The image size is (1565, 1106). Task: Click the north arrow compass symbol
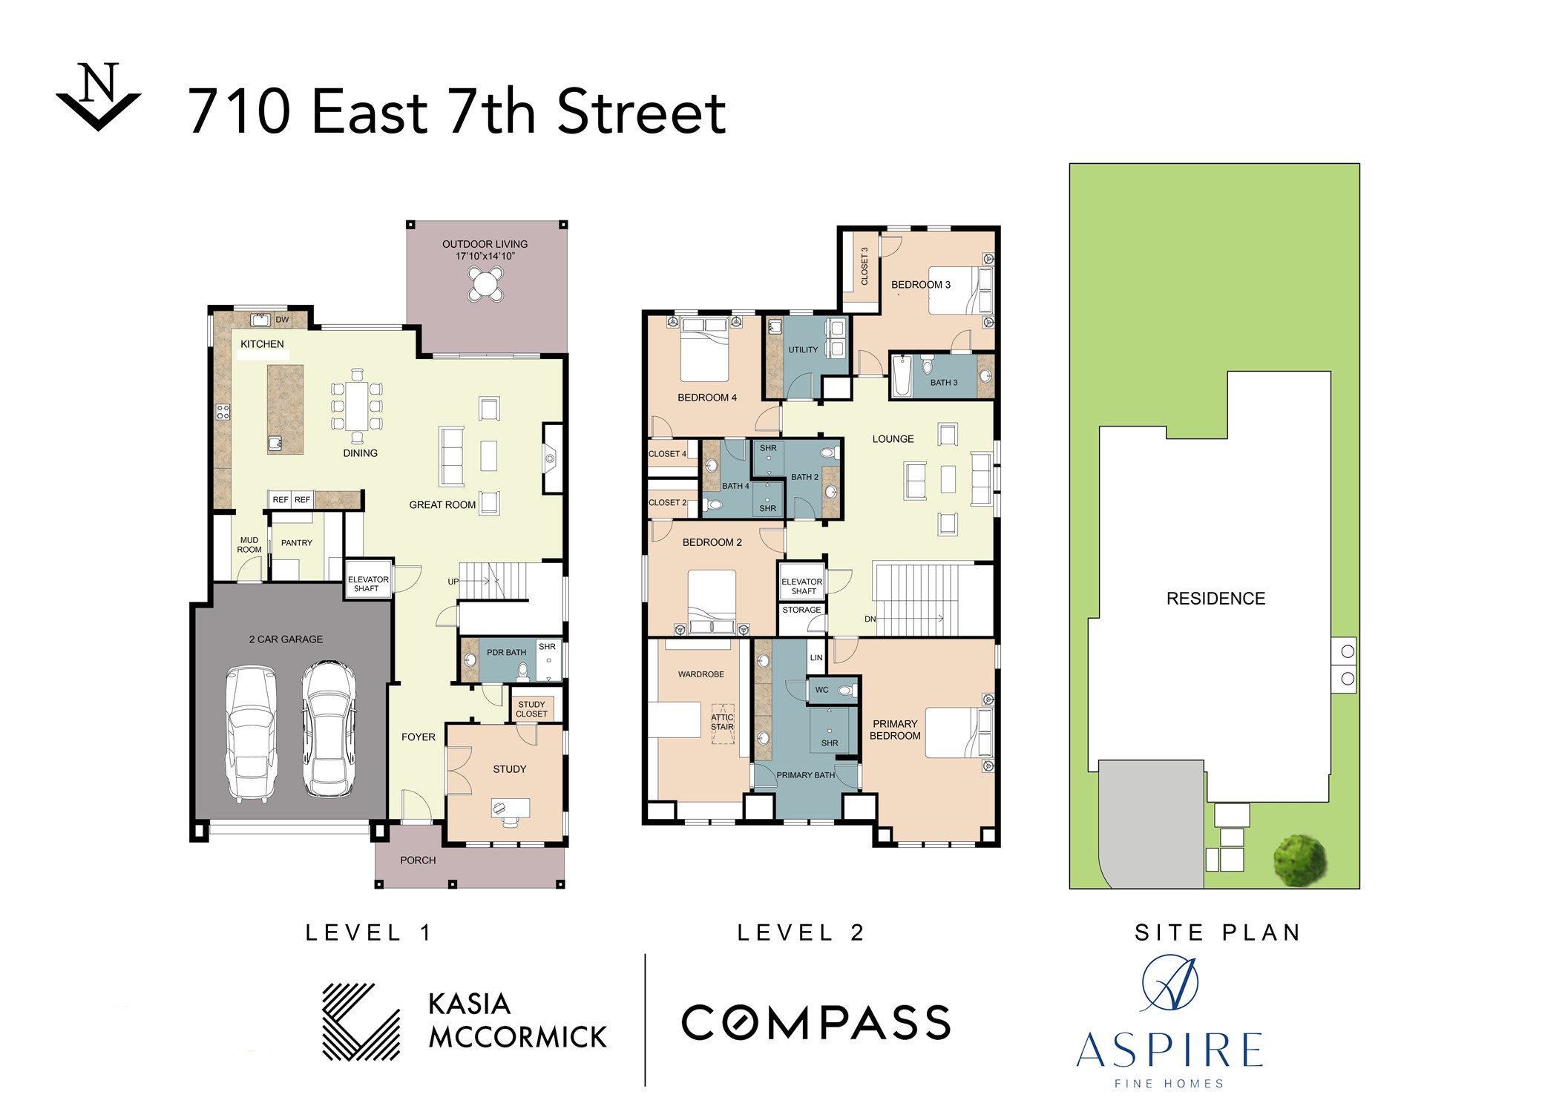[99, 97]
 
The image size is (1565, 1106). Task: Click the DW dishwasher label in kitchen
[282, 320]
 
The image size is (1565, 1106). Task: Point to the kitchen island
[285, 409]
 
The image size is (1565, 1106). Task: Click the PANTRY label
[297, 543]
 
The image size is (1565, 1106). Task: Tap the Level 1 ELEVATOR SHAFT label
[368, 584]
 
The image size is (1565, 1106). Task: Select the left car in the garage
[251, 733]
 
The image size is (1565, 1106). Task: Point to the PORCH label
[418, 860]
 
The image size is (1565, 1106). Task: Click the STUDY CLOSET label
[531, 709]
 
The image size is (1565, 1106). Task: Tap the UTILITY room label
[803, 350]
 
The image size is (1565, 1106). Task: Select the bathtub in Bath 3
[902, 376]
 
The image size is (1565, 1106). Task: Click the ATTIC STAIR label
[722, 722]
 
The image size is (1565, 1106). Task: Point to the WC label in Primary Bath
[822, 690]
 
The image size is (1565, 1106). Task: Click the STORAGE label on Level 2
[801, 610]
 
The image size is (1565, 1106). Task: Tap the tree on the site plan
[1299, 860]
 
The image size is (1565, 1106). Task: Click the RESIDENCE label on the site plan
[1215, 599]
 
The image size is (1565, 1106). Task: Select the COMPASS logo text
[816, 1023]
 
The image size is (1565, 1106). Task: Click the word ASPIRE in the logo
[1169, 1050]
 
